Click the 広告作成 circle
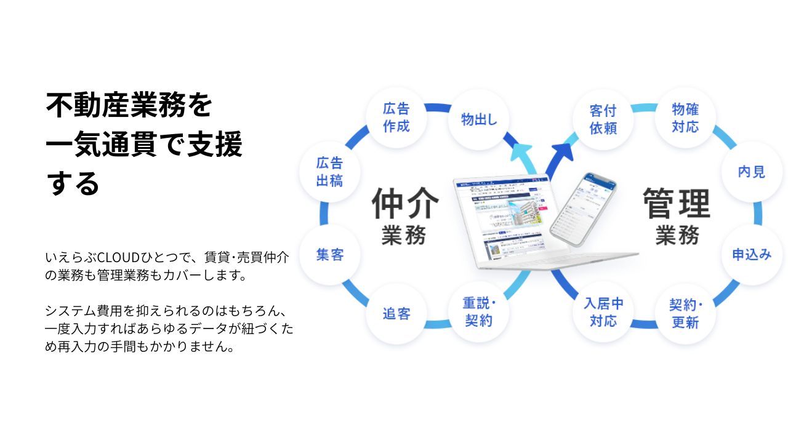[x=396, y=118]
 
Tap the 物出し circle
[x=479, y=119]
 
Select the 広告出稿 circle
[x=329, y=172]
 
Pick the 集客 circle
[x=329, y=255]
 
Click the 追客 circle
[x=396, y=314]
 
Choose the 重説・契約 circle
[x=479, y=312]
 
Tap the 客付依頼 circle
[x=603, y=119]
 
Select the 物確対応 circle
[x=685, y=118]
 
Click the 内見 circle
[x=751, y=172]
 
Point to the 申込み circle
[x=751, y=255]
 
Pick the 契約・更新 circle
[x=685, y=314]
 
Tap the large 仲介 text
[x=405, y=204]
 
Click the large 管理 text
[x=676, y=204]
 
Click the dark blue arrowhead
[x=562, y=150]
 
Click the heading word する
[x=73, y=183]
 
